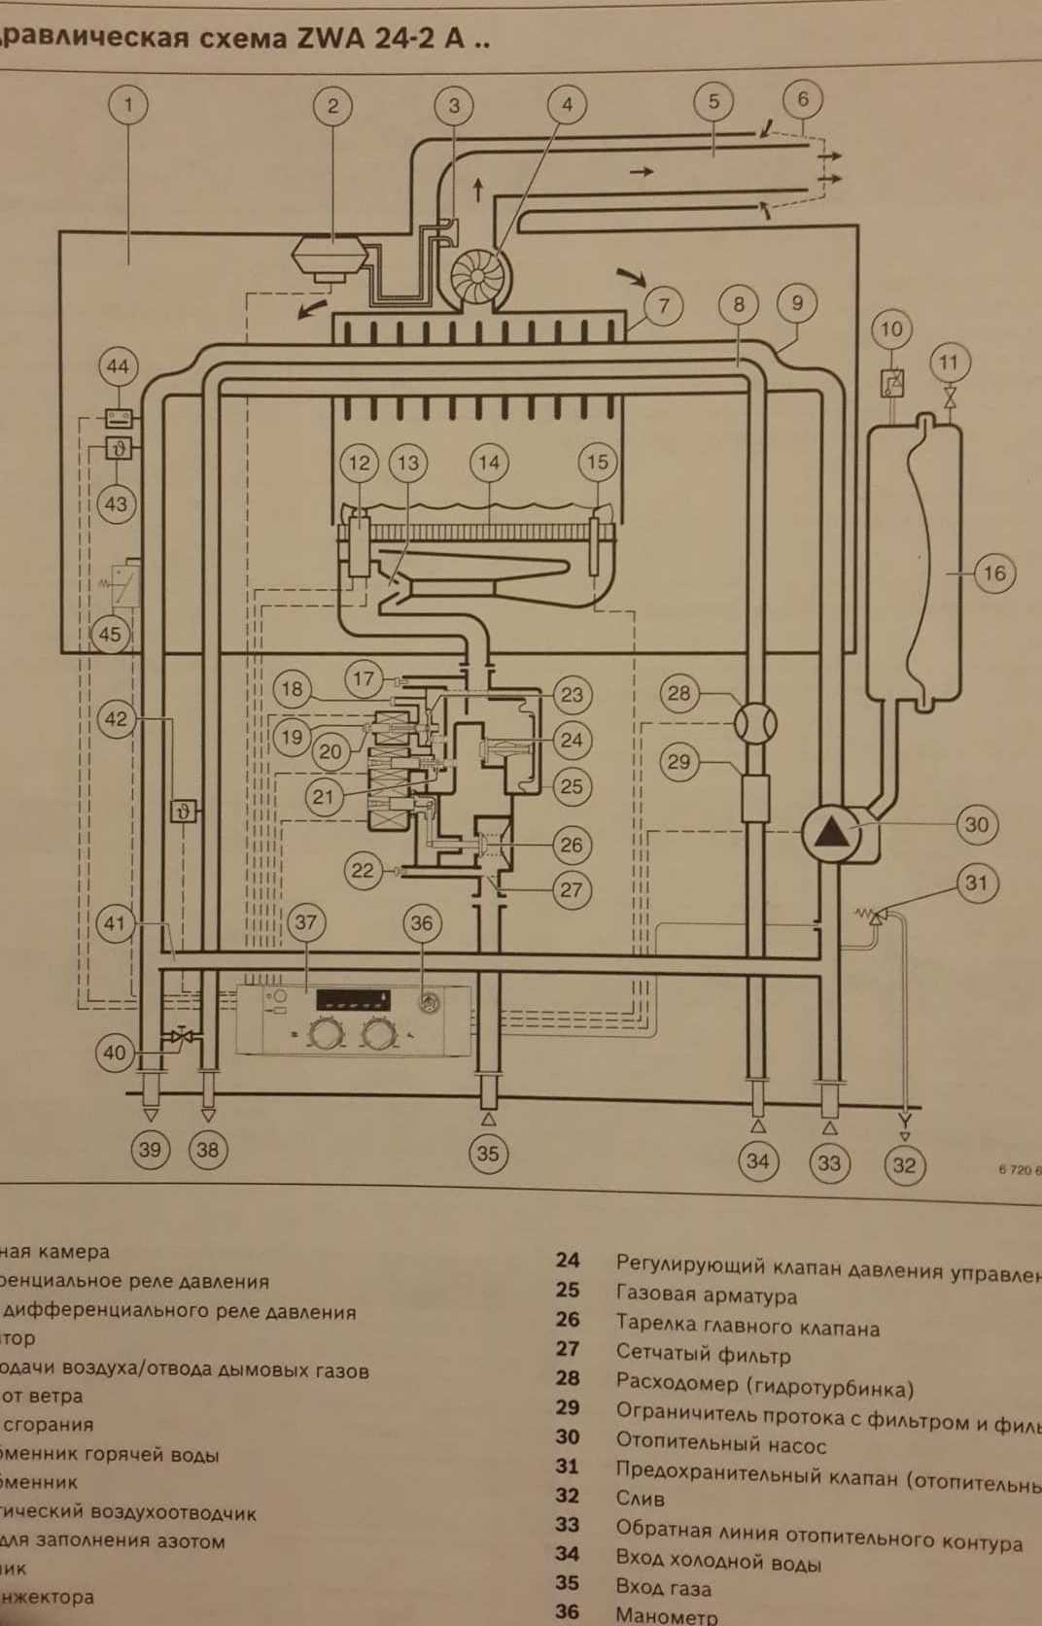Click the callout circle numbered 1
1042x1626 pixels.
[x=128, y=103]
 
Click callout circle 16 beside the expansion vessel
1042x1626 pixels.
[x=993, y=572]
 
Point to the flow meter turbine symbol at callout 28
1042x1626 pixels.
[x=755, y=723]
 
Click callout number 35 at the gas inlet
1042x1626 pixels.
[x=488, y=1154]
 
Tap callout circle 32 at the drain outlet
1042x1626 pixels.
[x=904, y=1164]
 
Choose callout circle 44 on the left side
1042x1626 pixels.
[x=118, y=366]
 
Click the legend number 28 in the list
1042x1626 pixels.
[x=568, y=1378]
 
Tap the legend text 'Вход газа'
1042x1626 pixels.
[x=663, y=1589]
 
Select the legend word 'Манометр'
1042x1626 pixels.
[x=667, y=1616]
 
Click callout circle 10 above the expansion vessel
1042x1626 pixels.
[x=891, y=329]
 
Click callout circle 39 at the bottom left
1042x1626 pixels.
[x=150, y=1150]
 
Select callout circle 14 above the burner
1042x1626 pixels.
[x=488, y=463]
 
